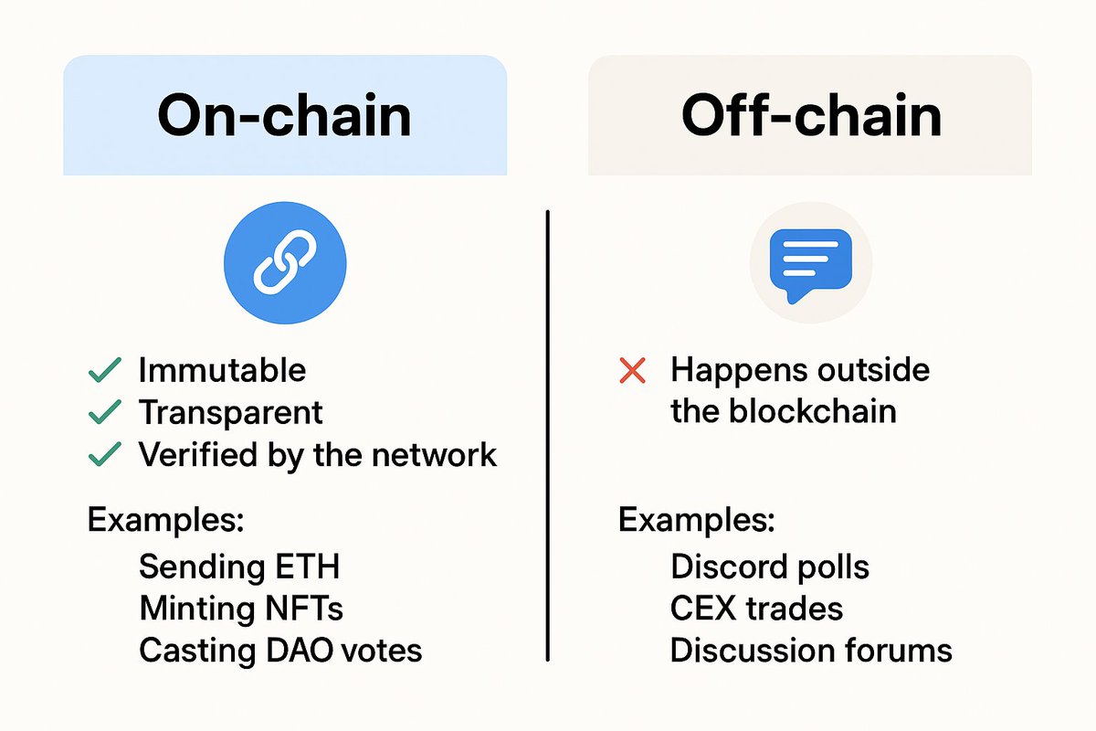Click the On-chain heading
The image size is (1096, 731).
tap(284, 116)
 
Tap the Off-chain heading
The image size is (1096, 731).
tap(811, 116)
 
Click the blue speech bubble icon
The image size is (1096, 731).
tap(810, 262)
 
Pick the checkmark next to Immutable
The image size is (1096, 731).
tap(104, 370)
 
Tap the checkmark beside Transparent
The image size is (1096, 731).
tap(104, 413)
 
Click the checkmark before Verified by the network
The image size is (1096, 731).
tap(104, 454)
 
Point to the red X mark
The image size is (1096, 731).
tap(632, 371)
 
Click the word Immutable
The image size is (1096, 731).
tap(222, 370)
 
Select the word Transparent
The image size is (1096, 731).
tap(231, 413)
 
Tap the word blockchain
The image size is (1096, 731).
tap(812, 411)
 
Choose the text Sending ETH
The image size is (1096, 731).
tap(239, 567)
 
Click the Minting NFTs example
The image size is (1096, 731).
tap(241, 608)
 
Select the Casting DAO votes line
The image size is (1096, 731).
tap(280, 650)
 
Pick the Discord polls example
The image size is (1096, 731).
tap(769, 567)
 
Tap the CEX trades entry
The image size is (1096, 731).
tap(756, 608)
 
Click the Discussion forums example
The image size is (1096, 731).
tap(811, 650)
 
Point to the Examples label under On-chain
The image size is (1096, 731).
tap(165, 521)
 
